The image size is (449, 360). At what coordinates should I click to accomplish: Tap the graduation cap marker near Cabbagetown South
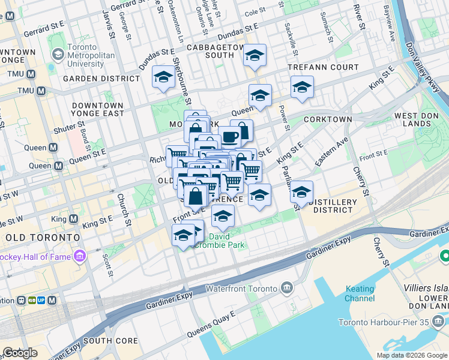click(255, 57)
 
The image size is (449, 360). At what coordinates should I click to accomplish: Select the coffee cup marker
click(229, 137)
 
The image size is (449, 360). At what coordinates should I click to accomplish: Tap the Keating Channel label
click(360, 293)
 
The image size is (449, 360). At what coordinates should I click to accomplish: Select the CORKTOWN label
click(328, 119)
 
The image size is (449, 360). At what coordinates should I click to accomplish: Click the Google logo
click(20, 352)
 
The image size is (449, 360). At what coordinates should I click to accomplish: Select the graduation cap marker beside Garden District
click(163, 77)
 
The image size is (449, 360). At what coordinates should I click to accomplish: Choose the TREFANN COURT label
click(323, 68)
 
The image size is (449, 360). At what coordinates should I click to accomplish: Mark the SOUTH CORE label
click(111, 341)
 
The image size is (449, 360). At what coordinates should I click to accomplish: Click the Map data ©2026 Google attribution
click(411, 355)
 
